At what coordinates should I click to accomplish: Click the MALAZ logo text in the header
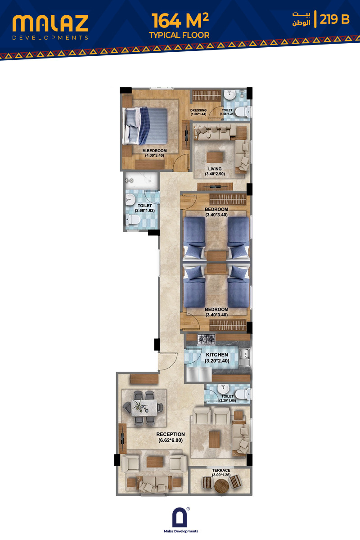pos(50,23)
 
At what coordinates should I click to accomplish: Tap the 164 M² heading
pos(180,21)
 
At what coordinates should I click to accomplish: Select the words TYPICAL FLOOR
pos(179,35)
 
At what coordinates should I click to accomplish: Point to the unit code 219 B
pos(334,19)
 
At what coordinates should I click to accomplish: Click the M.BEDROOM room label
pos(154,151)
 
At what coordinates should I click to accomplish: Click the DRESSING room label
pos(198,110)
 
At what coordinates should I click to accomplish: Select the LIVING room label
pos(215,169)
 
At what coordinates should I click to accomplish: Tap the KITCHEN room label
pos(217,355)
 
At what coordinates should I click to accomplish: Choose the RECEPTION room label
pos(171,434)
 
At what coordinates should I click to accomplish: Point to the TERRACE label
pos(221,470)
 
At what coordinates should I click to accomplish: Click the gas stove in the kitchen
pos(206,339)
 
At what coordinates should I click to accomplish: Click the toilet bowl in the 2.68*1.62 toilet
pos(132,220)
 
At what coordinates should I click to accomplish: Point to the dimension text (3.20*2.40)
pos(217,360)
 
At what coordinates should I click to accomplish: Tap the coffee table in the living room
pos(215,157)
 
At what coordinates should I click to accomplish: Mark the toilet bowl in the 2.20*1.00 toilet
pos(243,394)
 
